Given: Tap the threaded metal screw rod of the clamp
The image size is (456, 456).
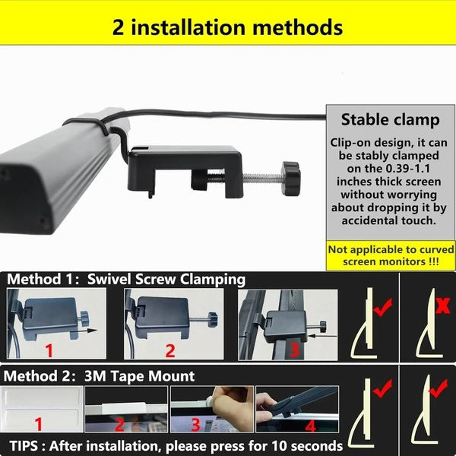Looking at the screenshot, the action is (261, 177).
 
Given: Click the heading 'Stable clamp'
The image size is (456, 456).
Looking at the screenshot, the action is (391, 120).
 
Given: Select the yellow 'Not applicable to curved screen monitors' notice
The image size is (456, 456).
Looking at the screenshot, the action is (391, 255).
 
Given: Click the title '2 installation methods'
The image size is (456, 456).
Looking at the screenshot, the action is (227, 27).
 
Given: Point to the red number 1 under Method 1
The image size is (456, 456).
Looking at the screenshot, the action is (49, 350).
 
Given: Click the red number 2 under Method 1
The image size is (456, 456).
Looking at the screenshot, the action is (170, 350).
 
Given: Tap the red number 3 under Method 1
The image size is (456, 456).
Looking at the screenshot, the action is (294, 350).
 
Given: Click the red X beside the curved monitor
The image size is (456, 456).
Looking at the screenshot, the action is (442, 306).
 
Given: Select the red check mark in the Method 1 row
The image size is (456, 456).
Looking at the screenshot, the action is (382, 307).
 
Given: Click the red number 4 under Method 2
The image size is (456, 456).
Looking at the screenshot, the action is (310, 426).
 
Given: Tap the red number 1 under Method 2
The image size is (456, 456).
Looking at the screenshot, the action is (39, 424).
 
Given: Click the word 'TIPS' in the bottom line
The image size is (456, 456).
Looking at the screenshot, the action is (24, 445).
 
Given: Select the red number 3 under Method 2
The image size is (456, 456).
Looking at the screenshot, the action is (195, 425).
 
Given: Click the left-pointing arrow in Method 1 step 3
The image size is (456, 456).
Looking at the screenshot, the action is (322, 336).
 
